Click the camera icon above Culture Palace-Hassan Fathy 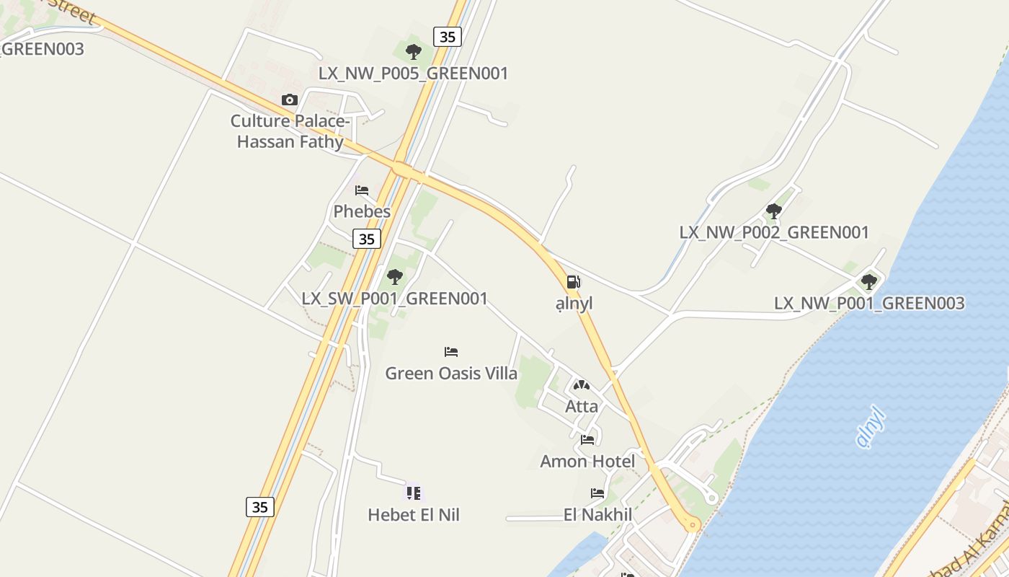pyautogui.click(x=290, y=100)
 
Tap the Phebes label pyautogui.click(x=362, y=211)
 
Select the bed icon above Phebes pyautogui.click(x=362, y=190)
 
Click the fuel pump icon pyautogui.click(x=574, y=282)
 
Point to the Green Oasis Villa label pyautogui.click(x=451, y=373)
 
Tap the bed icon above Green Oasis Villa pyautogui.click(x=451, y=352)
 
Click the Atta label pyautogui.click(x=582, y=406)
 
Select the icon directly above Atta pyautogui.click(x=582, y=385)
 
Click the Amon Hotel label pyautogui.click(x=588, y=461)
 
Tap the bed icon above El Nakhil pyautogui.click(x=597, y=493)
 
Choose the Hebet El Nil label pyautogui.click(x=414, y=514)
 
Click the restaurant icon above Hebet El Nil pyautogui.click(x=413, y=493)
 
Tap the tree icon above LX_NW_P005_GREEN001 pyautogui.click(x=414, y=52)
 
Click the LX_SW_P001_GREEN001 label pyautogui.click(x=395, y=298)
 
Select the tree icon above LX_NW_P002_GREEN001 pyautogui.click(x=774, y=211)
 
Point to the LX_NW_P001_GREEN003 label pyautogui.click(x=869, y=303)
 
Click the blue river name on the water pyautogui.click(x=871, y=426)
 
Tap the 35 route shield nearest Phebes pyautogui.click(x=367, y=239)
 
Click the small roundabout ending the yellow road pyautogui.click(x=693, y=525)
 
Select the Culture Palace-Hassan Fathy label pyautogui.click(x=290, y=131)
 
